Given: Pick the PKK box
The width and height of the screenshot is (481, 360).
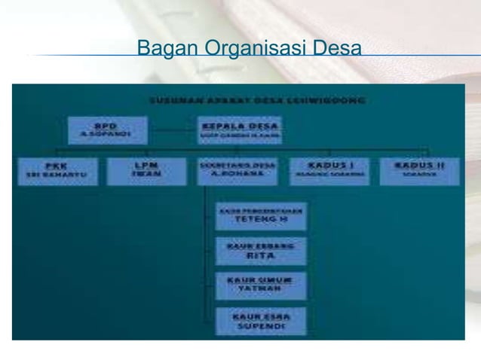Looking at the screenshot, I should click(x=57, y=171).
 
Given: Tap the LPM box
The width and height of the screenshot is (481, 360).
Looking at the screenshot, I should click(x=139, y=171).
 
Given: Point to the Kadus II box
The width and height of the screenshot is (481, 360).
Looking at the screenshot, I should click(x=421, y=171).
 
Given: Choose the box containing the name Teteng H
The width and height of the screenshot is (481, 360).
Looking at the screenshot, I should click(x=260, y=215).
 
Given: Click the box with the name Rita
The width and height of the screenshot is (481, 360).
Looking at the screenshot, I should click(x=260, y=250).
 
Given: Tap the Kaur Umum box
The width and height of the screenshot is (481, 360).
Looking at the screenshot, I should click(x=260, y=285).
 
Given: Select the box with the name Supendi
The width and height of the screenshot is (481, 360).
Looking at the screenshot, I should click(x=260, y=320).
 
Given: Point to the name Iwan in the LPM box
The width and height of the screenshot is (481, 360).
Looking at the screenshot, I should click(x=139, y=176).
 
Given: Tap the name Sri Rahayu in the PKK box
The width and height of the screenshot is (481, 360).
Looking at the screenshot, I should click(x=57, y=176).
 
